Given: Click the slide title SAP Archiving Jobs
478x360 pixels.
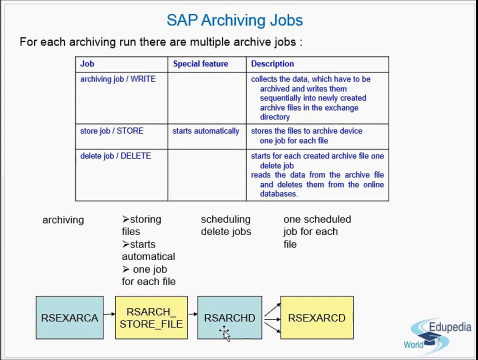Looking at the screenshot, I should [x=234, y=20].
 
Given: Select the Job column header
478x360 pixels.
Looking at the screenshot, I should [x=87, y=64].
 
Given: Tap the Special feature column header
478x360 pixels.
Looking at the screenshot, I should [x=200, y=64].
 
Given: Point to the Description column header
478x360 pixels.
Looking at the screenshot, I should [x=272, y=64].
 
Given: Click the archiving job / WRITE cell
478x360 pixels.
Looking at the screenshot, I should [x=117, y=79].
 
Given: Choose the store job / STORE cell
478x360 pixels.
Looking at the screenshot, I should [x=111, y=131].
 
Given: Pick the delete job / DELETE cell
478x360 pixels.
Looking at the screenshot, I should [x=115, y=156].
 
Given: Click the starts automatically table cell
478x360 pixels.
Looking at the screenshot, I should [x=205, y=131].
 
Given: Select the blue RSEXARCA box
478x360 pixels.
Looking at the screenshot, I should [x=69, y=317].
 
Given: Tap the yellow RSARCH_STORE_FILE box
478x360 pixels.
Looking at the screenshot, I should [x=151, y=317].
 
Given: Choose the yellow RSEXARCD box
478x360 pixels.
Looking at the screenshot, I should [x=316, y=317].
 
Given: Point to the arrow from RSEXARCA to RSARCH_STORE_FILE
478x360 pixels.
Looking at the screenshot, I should [x=109, y=314].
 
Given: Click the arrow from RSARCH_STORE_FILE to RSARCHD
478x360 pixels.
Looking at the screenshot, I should [x=192, y=314].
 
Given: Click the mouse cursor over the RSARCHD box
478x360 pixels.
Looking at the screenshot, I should [x=224, y=332].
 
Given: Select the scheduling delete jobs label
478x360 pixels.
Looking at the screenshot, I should [x=225, y=225].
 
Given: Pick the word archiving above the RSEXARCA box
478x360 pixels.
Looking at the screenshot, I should [x=63, y=220].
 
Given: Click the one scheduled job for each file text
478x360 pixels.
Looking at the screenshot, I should [x=316, y=231].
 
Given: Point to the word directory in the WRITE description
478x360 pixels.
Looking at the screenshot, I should [x=274, y=117].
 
